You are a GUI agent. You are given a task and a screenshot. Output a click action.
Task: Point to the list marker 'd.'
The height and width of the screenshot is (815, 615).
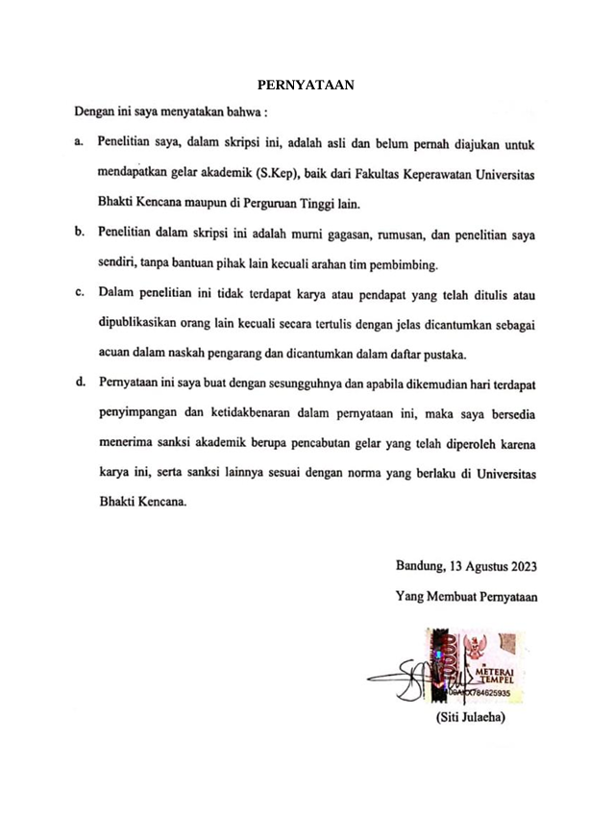coord(79,383)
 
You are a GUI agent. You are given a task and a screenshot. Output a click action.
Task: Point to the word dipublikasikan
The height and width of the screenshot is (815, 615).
coord(144,322)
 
